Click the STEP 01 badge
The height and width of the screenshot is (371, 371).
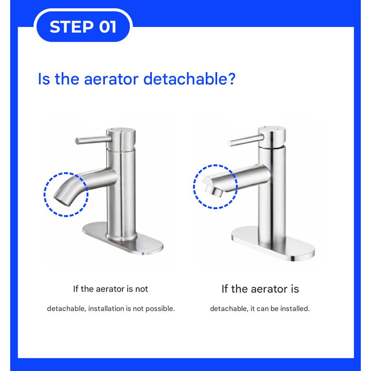click(x=83, y=27)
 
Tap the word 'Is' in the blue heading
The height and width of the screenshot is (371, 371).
click(x=43, y=78)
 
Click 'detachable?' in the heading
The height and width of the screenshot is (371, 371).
click(x=190, y=78)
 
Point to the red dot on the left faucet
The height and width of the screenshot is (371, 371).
click(x=113, y=129)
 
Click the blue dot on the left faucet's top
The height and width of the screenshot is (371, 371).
click(x=122, y=131)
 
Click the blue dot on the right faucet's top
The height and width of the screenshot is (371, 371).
click(x=266, y=128)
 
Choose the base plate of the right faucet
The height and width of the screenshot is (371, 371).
click(x=273, y=245)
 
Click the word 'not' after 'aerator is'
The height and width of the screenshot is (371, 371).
click(x=142, y=289)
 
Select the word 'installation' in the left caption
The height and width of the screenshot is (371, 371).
click(x=109, y=309)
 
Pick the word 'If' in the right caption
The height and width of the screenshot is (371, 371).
click(x=225, y=289)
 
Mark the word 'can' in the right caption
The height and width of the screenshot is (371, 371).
click(x=263, y=309)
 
